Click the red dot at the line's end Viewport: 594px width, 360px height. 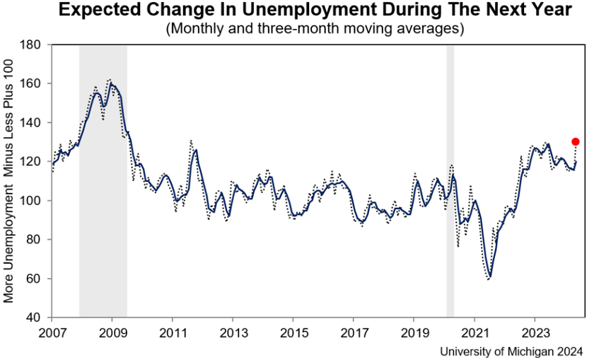(x=576, y=141)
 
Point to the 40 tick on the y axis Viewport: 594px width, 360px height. (x=40, y=318)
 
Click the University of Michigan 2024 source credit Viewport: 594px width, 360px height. (x=511, y=351)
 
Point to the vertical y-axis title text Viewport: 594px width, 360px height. (x=9, y=180)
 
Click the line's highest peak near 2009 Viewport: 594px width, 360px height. (x=111, y=83)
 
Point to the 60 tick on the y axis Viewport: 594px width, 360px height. (x=40, y=279)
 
